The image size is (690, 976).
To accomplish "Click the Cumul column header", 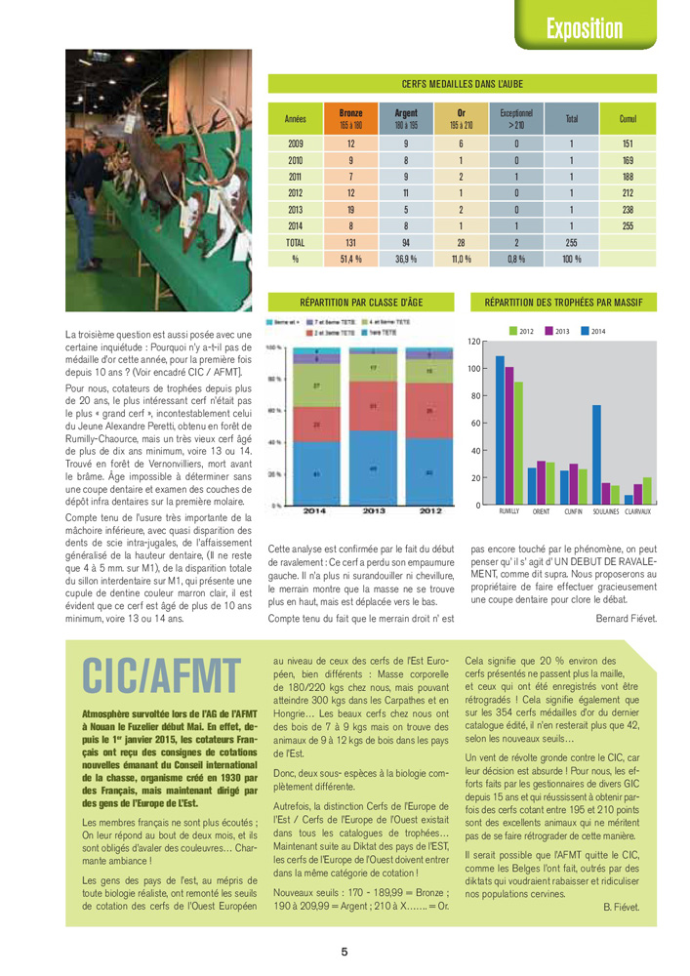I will pyautogui.click(x=628, y=118).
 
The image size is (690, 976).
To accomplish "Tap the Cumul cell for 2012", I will pyautogui.click(x=628, y=192).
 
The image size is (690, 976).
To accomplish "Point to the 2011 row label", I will pyautogui.click(x=295, y=176).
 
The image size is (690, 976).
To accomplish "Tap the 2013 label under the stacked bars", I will pyautogui.click(x=375, y=510).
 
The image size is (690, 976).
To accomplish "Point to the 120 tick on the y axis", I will pyautogui.click(x=474, y=342).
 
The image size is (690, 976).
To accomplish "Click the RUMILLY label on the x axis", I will pyautogui.click(x=508, y=511).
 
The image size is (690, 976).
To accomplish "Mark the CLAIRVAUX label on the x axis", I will pyautogui.click(x=638, y=511).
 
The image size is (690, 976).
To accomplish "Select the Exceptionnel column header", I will pyautogui.click(x=515, y=118).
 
